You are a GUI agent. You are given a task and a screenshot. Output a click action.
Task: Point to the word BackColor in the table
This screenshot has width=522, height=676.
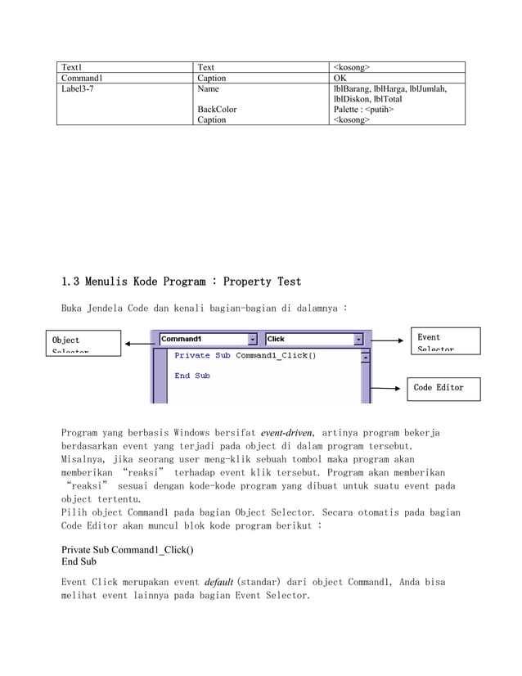(x=218, y=109)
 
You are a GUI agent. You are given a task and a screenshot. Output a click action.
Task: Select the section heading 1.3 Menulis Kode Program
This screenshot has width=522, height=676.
(x=181, y=282)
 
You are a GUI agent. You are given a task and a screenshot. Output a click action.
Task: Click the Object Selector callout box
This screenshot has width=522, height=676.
(x=82, y=341)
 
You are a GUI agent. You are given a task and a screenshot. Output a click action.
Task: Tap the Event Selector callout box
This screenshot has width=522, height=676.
(x=443, y=341)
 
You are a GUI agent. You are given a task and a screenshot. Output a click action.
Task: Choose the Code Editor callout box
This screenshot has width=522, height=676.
(x=443, y=388)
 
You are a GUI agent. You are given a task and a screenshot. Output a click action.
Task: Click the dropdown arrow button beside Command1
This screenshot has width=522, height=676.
(x=252, y=339)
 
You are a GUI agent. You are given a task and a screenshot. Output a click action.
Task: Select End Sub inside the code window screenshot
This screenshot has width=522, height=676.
(x=192, y=376)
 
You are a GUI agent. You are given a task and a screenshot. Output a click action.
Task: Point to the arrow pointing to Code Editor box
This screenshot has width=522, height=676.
(x=388, y=388)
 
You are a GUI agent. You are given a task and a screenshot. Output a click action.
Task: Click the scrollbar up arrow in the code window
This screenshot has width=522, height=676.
(x=365, y=357)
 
